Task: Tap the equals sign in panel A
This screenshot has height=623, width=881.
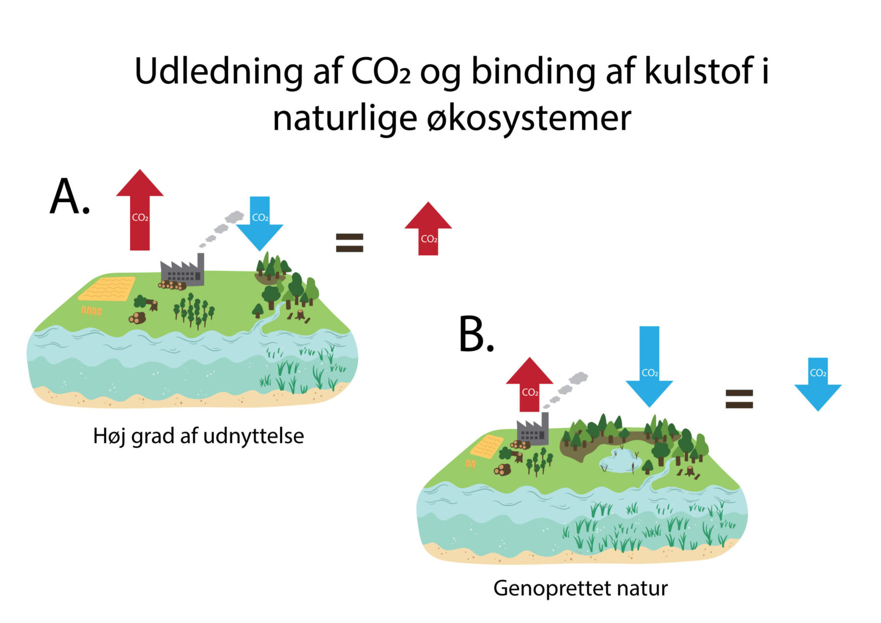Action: (349, 242)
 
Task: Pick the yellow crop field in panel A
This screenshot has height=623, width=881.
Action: (107, 289)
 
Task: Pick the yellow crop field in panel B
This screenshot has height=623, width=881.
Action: (487, 446)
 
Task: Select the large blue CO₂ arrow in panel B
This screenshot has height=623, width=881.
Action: (649, 367)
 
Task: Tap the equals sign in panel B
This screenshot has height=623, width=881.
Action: (739, 399)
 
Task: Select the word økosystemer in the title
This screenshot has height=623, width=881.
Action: (529, 119)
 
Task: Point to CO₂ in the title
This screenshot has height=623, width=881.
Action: (381, 72)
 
